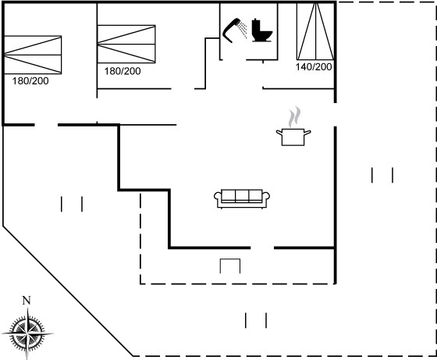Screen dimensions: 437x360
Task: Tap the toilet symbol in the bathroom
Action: (262, 30)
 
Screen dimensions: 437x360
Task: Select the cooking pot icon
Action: (293, 137)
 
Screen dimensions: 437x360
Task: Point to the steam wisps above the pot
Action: (294, 117)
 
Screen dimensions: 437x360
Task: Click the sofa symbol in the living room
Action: (242, 199)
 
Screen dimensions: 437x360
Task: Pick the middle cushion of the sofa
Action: (242, 195)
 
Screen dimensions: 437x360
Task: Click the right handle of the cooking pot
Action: (307, 133)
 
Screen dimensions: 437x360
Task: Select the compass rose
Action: (27, 333)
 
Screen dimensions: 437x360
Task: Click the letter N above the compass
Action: (27, 301)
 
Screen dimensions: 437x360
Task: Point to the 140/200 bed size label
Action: (314, 67)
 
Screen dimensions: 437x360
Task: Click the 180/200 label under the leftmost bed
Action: (30, 81)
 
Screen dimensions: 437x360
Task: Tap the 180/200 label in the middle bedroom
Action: (123, 71)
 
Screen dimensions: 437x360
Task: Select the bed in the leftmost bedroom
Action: (33, 55)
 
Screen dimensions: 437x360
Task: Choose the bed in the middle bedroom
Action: (126, 44)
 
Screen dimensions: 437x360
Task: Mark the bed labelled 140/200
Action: (315, 31)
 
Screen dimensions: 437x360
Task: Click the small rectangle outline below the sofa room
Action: (230, 266)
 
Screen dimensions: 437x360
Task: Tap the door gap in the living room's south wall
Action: (262, 248)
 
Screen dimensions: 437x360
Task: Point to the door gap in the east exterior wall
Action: (336, 115)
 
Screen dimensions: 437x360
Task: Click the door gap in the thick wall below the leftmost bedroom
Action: (46, 125)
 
